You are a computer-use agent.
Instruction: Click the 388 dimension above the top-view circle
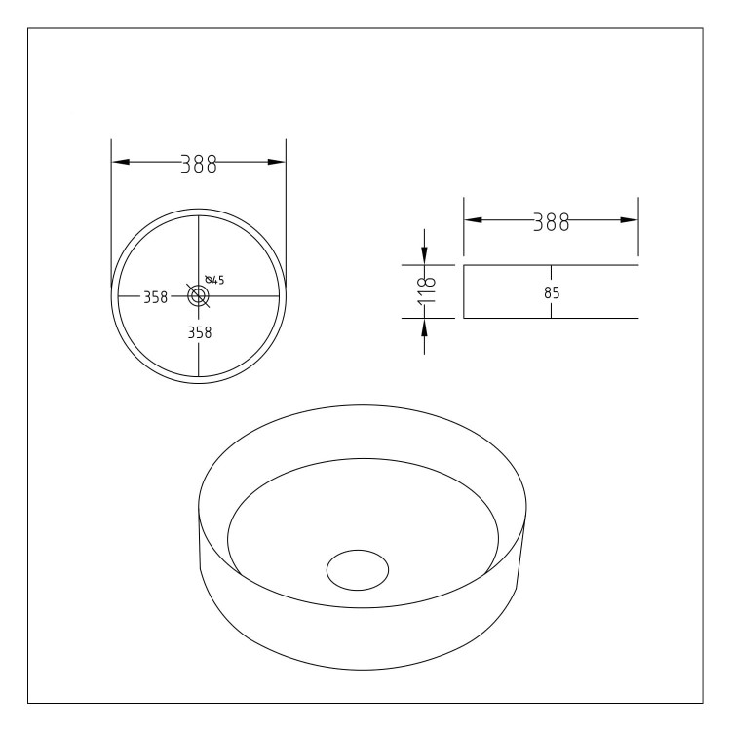[198, 164]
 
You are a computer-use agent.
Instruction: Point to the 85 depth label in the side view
[551, 291]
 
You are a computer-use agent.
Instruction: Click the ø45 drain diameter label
[214, 281]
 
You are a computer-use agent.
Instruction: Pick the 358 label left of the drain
[156, 297]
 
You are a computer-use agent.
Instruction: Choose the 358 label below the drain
[199, 331]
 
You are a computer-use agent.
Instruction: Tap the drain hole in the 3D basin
[357, 570]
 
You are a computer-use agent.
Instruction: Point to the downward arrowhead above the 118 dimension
[424, 254]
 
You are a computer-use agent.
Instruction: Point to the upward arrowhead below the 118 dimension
[424, 327]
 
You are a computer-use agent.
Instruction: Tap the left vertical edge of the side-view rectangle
[464, 291]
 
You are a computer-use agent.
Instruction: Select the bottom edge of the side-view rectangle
[551, 319]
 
